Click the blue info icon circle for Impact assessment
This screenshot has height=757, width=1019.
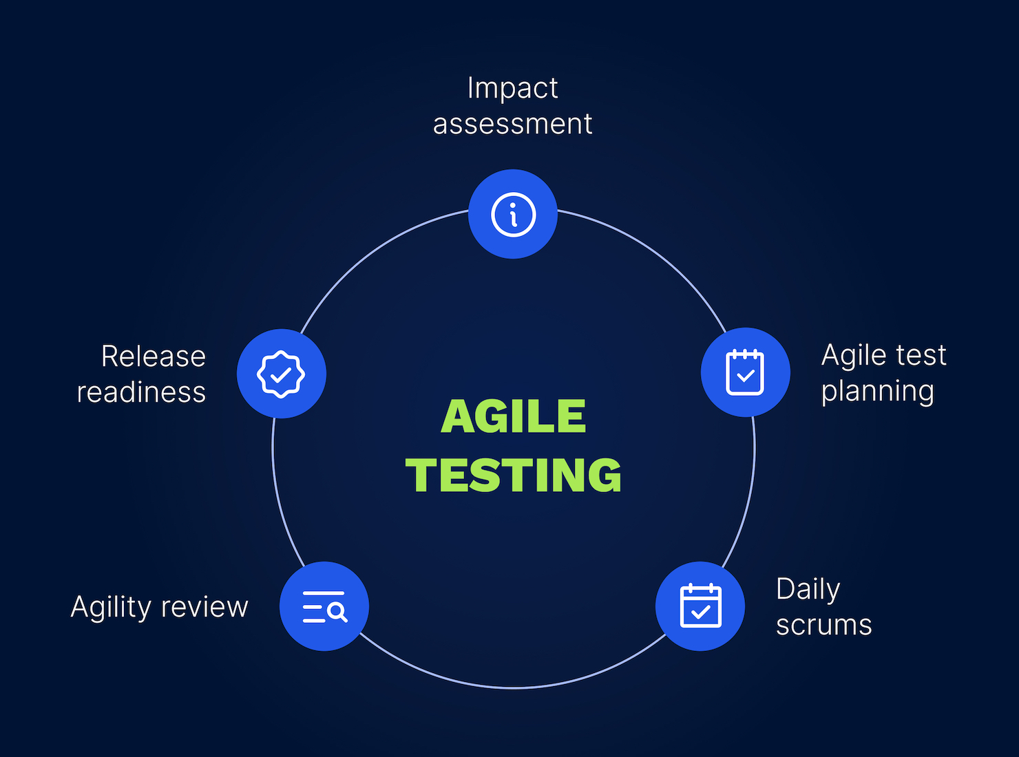pos(513,214)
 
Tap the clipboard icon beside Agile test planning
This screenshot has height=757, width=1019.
pos(745,372)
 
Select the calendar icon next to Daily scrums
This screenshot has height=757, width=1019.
pos(701,606)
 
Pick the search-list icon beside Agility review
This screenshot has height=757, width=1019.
pos(325,606)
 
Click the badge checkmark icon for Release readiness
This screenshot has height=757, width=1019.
pos(281,374)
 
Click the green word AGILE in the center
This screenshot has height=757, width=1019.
pos(514,416)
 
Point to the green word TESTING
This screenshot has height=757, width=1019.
pos(513,475)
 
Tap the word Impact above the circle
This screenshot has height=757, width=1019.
pos(513,87)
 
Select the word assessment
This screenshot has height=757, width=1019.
pos(513,124)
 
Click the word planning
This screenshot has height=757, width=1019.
pos(877,392)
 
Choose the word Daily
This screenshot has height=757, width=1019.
pos(808,589)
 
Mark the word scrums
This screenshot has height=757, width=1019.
pos(824,625)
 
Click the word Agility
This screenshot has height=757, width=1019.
pos(111,607)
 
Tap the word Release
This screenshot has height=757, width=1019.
pos(154,356)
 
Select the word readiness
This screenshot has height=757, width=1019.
pos(141,392)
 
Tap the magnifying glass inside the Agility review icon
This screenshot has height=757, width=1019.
pos(337,612)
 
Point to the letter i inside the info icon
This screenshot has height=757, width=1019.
pos(514,215)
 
